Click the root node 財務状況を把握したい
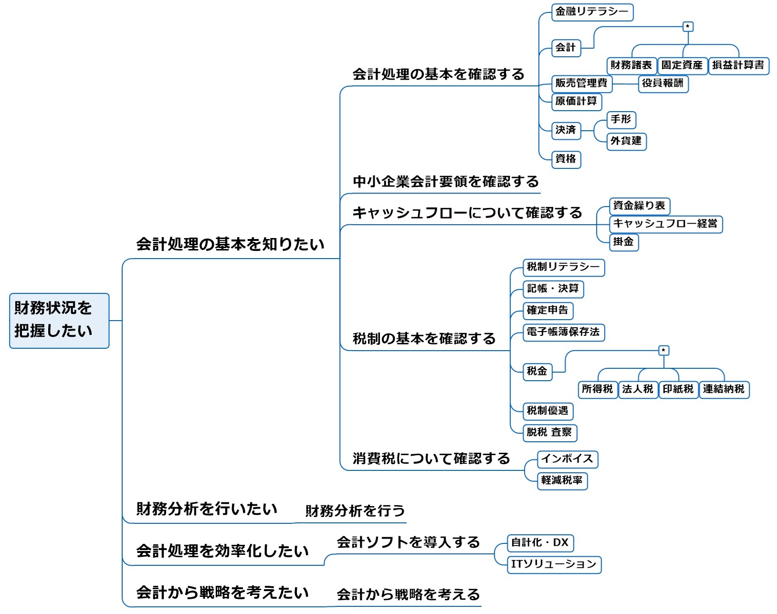[59, 320]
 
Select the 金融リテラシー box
[592, 12]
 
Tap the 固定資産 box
[682, 65]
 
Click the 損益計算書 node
[738, 65]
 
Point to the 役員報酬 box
[663, 83]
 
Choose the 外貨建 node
[626, 141]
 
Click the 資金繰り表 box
[639, 206]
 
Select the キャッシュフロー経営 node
[665, 224]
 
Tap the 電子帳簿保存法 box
[563, 332]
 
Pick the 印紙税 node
[678, 389]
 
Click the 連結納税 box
[724, 389]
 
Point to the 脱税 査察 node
[549, 433]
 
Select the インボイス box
[567, 459]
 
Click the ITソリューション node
[554, 564]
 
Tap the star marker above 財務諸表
[688, 27]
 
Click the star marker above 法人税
[663, 351]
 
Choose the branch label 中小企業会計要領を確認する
[445, 182]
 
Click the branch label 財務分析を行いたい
[207, 509]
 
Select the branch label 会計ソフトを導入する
[408, 542]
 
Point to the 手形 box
[621, 120]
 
